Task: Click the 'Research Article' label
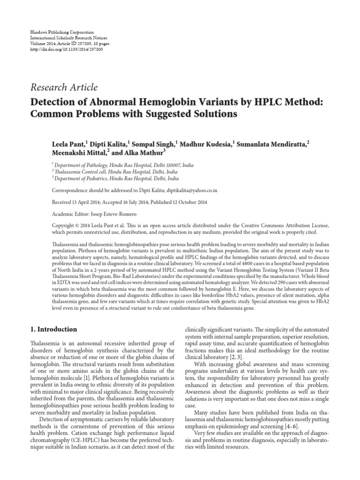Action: [64, 87]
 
